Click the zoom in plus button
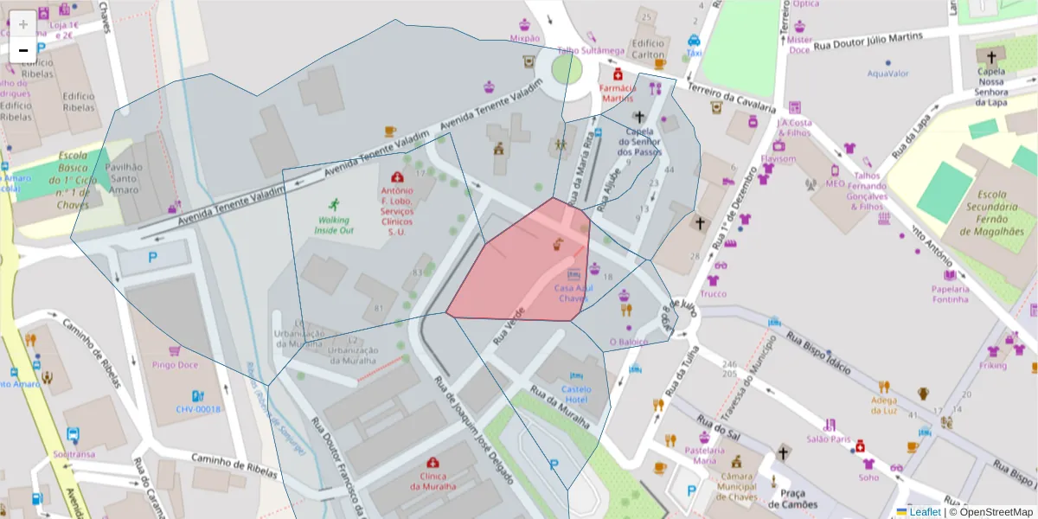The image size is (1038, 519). pos(23,24)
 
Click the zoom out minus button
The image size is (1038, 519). pos(23,50)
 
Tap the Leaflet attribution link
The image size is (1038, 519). pos(924,512)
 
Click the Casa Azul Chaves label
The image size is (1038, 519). pos(573,293)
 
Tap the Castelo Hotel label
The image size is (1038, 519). pos(576,394)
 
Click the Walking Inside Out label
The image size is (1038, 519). pos(333,225)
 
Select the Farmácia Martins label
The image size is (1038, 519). pos(618,93)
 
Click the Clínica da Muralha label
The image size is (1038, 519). pos(432,480)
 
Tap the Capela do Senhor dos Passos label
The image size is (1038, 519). pos(639,142)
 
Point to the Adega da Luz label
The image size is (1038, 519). pos(884,404)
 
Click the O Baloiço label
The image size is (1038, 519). pos(628,342)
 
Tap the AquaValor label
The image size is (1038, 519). pos(887,74)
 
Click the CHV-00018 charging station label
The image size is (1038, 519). pos(198,409)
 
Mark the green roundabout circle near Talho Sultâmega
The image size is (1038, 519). pos(567,69)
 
